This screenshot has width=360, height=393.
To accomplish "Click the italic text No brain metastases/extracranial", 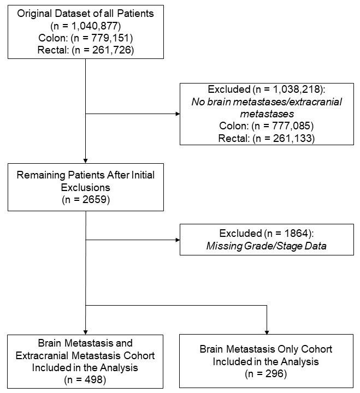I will pyautogui.click(x=267, y=102).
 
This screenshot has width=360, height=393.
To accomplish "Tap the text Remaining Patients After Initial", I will pyautogui.click(x=86, y=175).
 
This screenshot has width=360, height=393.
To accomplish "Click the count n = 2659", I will pyautogui.click(x=86, y=199).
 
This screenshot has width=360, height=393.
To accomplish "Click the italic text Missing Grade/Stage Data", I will pyautogui.click(x=267, y=246).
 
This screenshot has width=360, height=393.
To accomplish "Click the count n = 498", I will pyautogui.click(x=86, y=378).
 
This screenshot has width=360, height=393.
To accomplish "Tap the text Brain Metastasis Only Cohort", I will pyautogui.click(x=266, y=348).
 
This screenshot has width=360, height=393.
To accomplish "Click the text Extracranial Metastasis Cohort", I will pyautogui.click(x=86, y=355).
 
